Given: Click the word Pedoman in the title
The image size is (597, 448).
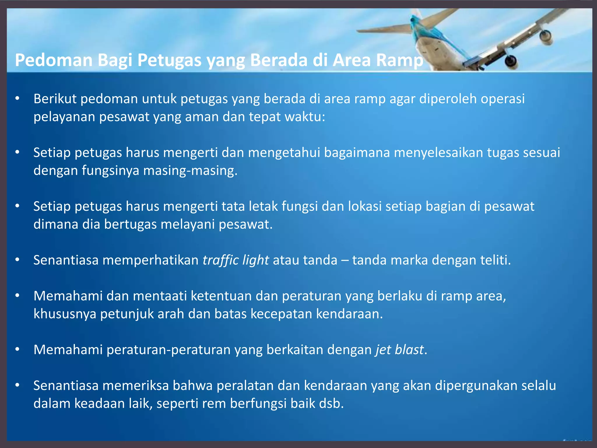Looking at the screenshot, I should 54,60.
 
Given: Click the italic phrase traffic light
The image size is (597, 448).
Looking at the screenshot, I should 236,260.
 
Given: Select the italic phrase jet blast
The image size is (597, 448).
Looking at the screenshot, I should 399,349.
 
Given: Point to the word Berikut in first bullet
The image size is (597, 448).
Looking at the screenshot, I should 55,99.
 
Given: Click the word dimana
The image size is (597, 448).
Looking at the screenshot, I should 56,224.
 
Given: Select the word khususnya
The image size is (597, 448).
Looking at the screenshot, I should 65,314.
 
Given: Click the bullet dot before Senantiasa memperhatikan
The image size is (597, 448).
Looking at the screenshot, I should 17,260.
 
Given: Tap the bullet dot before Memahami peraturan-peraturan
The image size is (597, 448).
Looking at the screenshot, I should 17,349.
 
